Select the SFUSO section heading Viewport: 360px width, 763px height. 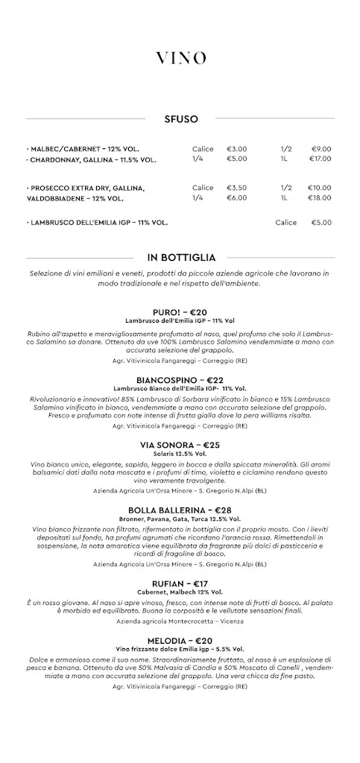click(x=180, y=118)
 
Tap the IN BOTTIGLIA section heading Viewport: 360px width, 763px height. click(x=180, y=257)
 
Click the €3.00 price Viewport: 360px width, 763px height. click(x=237, y=148)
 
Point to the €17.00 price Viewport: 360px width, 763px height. click(x=320, y=159)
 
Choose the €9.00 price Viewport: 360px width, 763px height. click(x=322, y=148)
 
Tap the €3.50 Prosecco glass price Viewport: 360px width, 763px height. click(x=237, y=188)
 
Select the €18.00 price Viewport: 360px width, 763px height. click(x=320, y=198)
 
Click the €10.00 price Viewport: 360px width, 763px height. click(x=320, y=188)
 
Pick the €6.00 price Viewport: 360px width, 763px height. click(x=237, y=198)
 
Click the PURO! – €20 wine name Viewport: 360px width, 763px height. click(x=180, y=311)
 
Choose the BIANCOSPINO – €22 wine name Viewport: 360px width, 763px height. click(x=180, y=379)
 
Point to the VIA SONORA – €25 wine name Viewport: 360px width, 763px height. click(x=180, y=445)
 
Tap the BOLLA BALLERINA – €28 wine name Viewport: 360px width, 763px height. click(x=180, y=510)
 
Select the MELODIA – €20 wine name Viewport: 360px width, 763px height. click(x=180, y=640)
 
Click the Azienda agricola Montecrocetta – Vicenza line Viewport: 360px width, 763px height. click(x=180, y=620)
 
